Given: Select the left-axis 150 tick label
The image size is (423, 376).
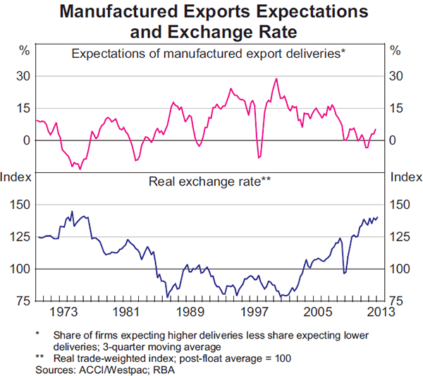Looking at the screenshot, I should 18,205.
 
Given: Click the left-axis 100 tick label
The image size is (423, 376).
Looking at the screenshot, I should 18,269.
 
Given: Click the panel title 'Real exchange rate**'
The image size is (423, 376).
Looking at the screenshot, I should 210,181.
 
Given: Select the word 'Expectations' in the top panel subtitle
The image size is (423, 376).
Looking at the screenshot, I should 106,53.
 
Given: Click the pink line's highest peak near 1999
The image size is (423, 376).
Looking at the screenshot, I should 276,78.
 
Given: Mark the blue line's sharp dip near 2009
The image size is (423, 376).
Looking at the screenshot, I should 344,273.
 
